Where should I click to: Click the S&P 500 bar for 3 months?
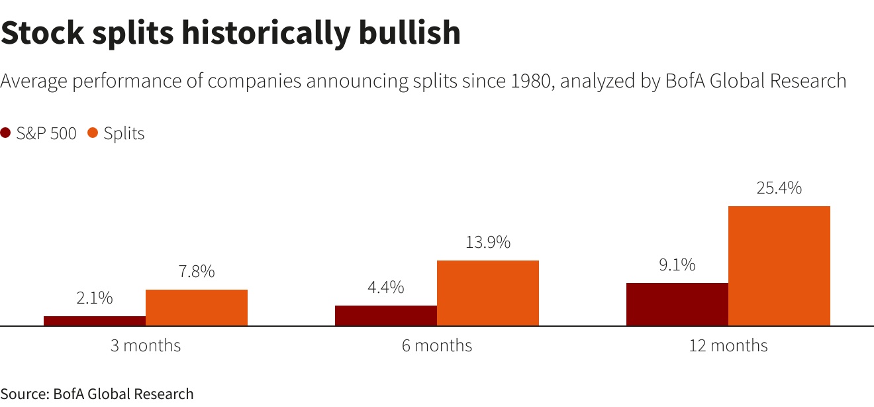point(95,321)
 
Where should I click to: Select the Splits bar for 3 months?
point(197,308)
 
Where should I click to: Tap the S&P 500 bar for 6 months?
point(386,316)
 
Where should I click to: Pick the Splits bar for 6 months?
point(488,293)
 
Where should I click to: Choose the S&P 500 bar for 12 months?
point(677,304)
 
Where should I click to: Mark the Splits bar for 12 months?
point(779,266)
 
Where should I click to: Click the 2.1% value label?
point(95,298)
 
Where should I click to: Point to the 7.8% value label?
point(197,272)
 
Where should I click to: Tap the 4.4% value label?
point(386,288)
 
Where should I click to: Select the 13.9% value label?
point(488,243)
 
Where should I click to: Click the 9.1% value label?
point(677,265)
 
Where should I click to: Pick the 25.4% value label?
point(779,188)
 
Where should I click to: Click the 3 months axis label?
point(146,345)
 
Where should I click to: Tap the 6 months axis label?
point(437,345)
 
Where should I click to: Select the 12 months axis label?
point(728,345)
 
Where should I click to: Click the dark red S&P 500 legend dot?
point(6,133)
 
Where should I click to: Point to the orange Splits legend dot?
point(93,133)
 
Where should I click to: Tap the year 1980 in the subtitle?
point(529,81)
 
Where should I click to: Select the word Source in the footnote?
point(24,394)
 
